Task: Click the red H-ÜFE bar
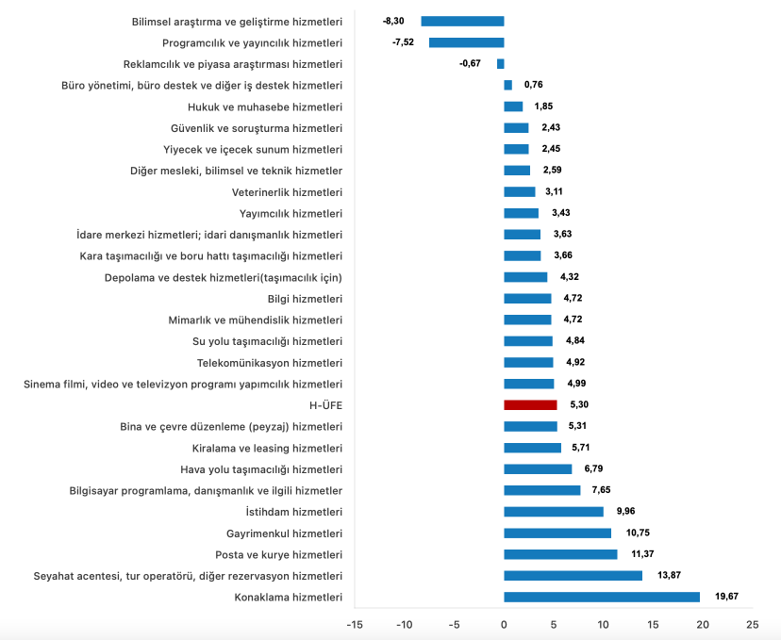click(530, 405)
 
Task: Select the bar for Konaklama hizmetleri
click(602, 597)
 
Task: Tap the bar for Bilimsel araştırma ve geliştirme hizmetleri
click(462, 21)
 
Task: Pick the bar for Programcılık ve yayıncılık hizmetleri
click(466, 42)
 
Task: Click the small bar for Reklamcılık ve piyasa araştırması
click(501, 64)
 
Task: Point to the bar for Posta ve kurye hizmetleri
click(560, 554)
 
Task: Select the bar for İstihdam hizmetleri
click(554, 512)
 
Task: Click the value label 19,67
click(725, 597)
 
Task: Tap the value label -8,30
click(394, 21)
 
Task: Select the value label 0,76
click(533, 85)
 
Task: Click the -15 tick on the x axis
click(355, 624)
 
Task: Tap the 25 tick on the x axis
click(752, 624)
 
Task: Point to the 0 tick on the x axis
click(504, 624)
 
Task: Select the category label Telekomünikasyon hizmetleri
click(270, 363)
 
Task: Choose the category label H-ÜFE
click(325, 405)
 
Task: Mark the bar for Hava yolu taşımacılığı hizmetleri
click(538, 469)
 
